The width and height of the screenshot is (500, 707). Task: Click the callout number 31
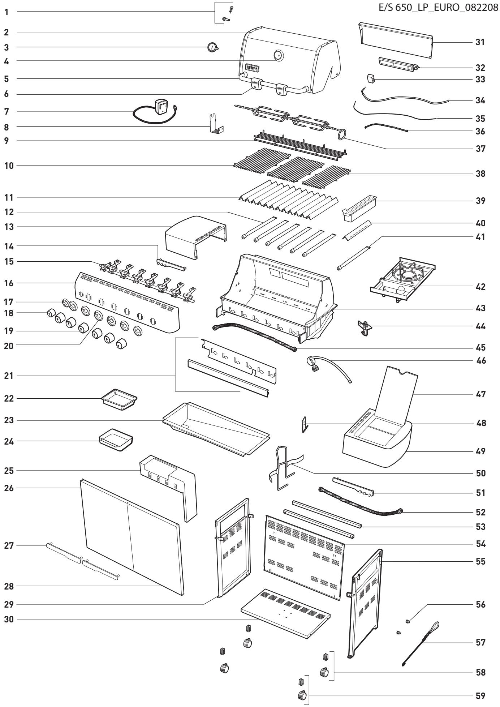(480, 42)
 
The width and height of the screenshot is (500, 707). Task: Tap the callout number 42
(480, 287)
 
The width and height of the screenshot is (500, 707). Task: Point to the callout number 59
(480, 695)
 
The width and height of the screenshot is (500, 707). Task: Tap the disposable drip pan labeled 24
(116, 439)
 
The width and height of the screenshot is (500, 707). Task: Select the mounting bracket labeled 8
(217, 124)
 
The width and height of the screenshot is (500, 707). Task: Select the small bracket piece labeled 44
(366, 327)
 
